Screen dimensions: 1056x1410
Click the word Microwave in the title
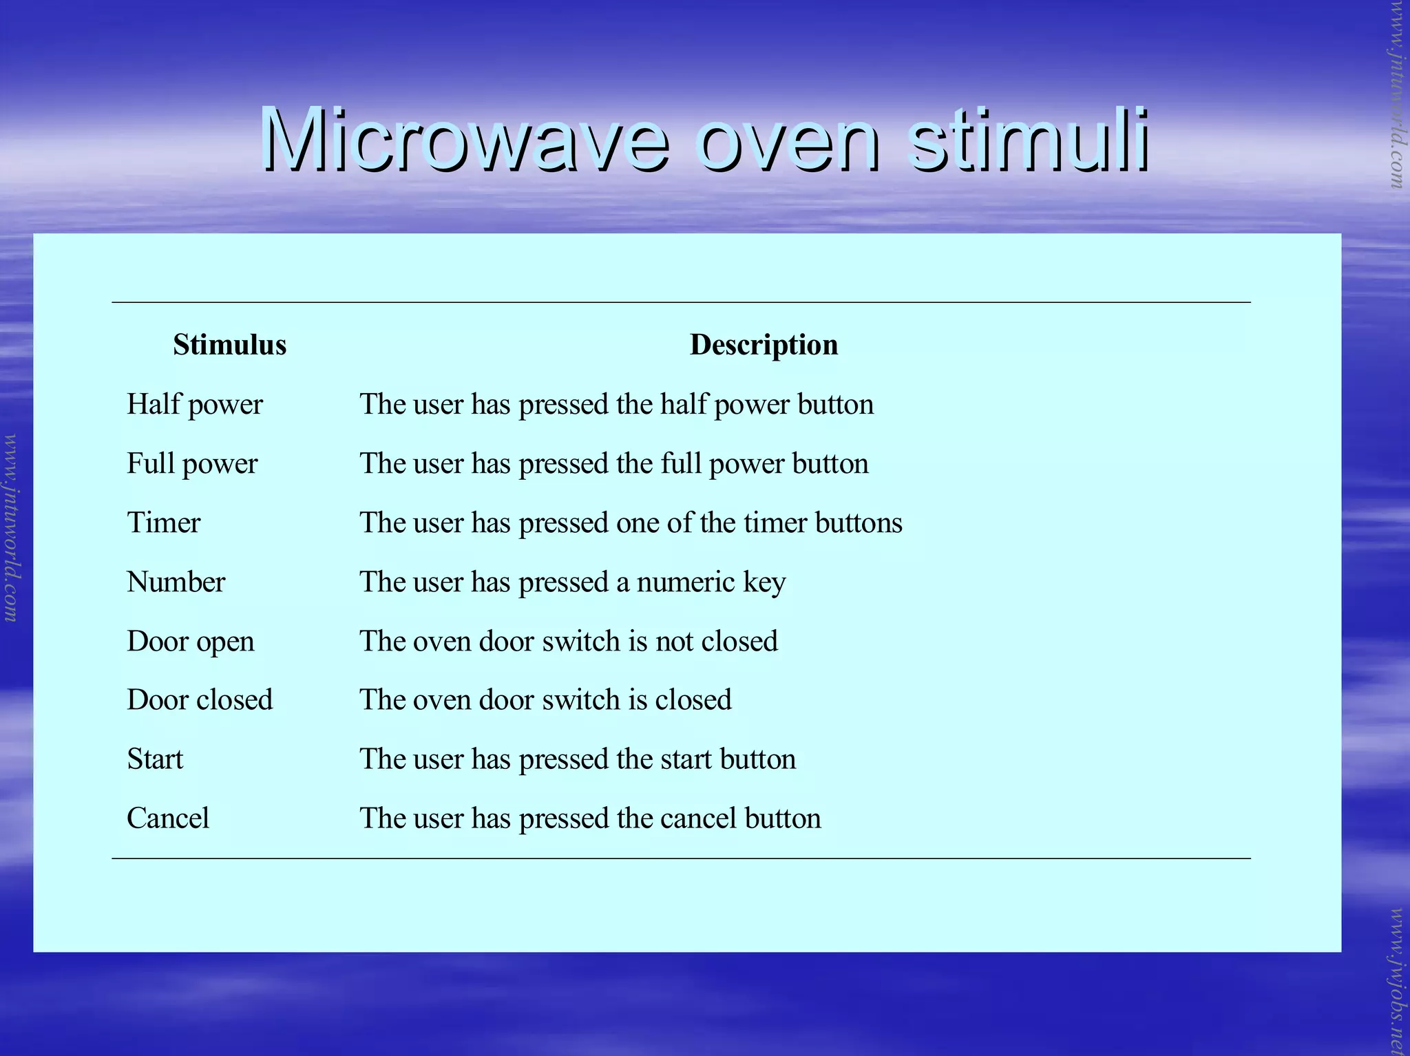[463, 141]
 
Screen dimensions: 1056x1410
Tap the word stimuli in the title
[1027, 141]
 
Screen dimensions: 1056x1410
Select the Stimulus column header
[229, 345]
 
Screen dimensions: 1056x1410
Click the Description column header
[764, 345]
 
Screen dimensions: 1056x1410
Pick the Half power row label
[195, 405]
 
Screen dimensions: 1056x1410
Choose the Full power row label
[192, 464]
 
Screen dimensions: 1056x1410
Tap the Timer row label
[164, 523]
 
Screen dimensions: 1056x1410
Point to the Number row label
[176, 582]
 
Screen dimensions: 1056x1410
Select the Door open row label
[191, 642]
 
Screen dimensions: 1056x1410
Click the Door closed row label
[200, 700]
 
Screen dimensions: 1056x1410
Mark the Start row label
[155, 759]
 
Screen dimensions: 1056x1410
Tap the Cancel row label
[168, 819]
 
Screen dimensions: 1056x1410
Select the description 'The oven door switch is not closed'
[569, 642]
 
